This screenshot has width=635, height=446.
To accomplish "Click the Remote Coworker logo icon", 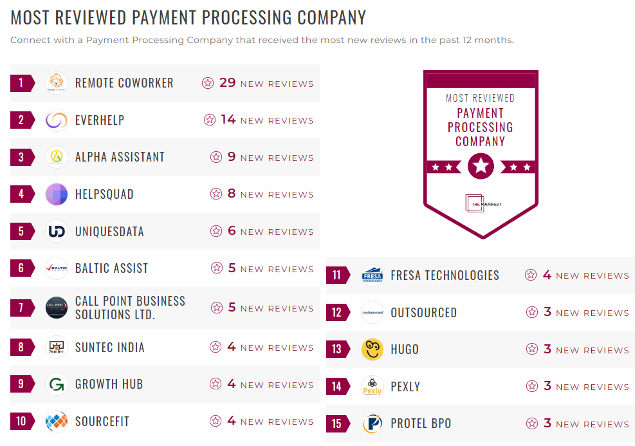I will [x=57, y=83].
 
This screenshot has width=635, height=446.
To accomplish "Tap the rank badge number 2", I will [x=21, y=120].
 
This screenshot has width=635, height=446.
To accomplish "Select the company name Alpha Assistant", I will [x=120, y=157].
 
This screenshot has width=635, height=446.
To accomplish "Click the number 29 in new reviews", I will [x=228, y=83].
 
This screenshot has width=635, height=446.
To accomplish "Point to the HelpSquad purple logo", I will [x=57, y=194].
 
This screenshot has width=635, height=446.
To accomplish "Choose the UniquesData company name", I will [x=109, y=232].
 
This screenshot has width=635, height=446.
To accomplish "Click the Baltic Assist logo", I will [x=57, y=268].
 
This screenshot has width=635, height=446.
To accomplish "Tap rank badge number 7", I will [x=21, y=308].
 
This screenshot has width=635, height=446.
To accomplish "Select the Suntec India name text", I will [x=109, y=348].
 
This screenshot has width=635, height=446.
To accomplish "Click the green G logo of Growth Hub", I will [x=57, y=384].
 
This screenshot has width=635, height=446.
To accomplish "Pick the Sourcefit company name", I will [x=102, y=422].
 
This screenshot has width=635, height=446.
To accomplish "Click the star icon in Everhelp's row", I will [x=210, y=120].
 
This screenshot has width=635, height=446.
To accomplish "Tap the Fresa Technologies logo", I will [x=373, y=275].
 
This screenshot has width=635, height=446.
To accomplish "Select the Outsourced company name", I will [x=423, y=313].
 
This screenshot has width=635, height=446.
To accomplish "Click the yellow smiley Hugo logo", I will [x=373, y=349].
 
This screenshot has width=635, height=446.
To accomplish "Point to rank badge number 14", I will [x=337, y=387].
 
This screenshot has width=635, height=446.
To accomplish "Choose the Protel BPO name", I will [x=421, y=424].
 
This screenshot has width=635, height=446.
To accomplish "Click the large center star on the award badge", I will [x=481, y=167].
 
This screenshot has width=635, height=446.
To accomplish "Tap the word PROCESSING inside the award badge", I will [x=481, y=127].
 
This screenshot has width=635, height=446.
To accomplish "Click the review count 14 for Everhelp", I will [x=228, y=120].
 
